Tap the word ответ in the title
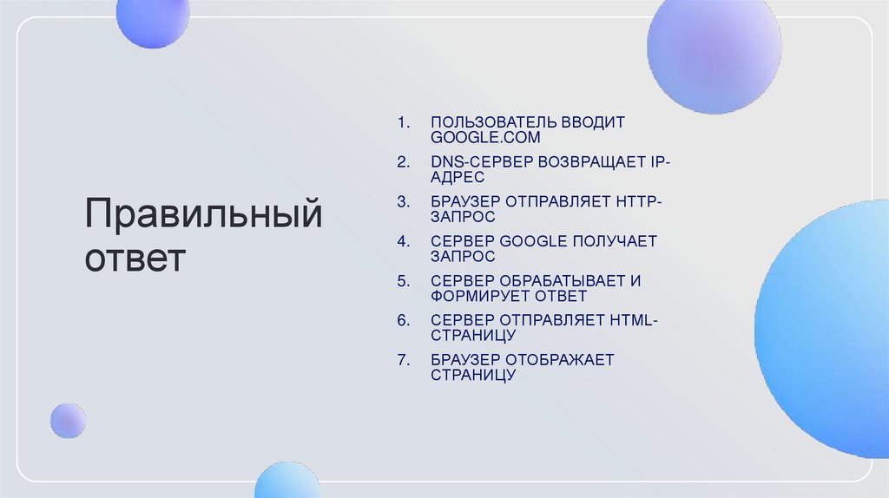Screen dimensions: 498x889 [135, 259]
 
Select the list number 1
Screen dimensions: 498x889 [402, 122]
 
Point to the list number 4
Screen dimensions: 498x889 [402, 241]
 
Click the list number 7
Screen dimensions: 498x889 [402, 360]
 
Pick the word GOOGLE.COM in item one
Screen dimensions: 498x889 [485, 138]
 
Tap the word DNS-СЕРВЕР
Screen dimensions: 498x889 [480, 162]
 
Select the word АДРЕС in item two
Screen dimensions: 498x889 [458, 177]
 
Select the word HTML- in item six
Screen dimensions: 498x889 [635, 320]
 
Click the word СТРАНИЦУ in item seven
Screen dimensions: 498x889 [473, 375]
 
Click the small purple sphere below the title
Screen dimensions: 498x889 [67, 421]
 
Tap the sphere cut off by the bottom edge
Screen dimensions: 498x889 [287, 482]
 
